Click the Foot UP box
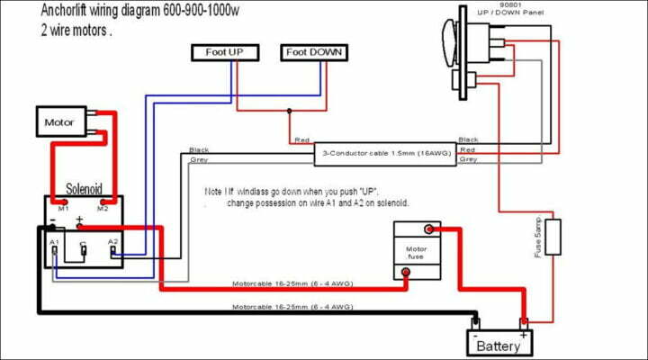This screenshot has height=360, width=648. tap(225, 52)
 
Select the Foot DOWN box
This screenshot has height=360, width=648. tap(315, 52)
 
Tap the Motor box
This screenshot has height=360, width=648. tap(60, 119)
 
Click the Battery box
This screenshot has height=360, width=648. tap(498, 343)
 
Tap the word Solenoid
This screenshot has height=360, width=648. tap(85, 189)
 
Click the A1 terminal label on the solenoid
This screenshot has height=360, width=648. tap(54, 242)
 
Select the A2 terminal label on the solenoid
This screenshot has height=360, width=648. tap(112, 242)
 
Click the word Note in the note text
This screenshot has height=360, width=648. tap(213, 193)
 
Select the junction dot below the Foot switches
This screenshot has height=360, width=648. tap(288, 112)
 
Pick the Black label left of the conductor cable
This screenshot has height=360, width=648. tap(199, 148)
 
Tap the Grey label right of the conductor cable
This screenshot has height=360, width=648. tap(468, 160)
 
